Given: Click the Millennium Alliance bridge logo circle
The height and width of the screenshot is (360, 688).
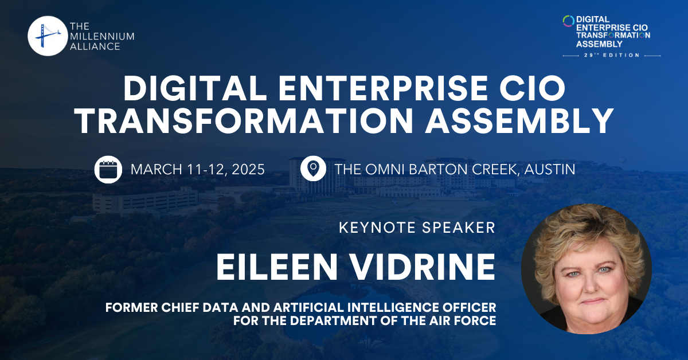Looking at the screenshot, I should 48,36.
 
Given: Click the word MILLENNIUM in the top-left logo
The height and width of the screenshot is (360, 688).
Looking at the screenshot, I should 102,36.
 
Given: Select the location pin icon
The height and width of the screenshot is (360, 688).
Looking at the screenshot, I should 313,169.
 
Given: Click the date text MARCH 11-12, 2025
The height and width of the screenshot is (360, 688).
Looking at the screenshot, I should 198,170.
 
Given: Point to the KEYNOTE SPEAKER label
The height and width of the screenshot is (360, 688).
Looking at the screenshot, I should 417,228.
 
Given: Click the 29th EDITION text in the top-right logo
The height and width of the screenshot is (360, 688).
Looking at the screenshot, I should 612,55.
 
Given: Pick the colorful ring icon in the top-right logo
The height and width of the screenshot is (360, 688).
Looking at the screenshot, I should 568,21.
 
